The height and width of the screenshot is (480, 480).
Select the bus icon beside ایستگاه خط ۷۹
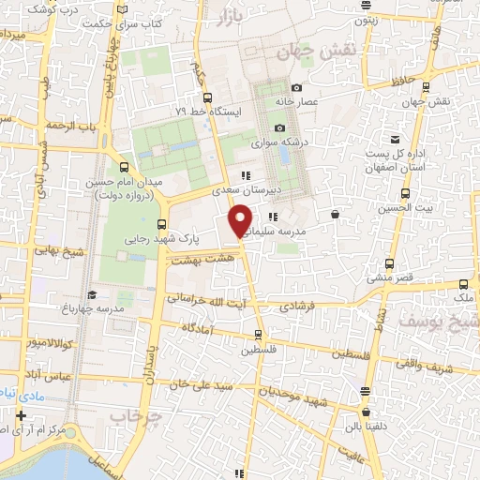coord(207,97)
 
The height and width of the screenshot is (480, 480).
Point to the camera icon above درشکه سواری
coord(278,127)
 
